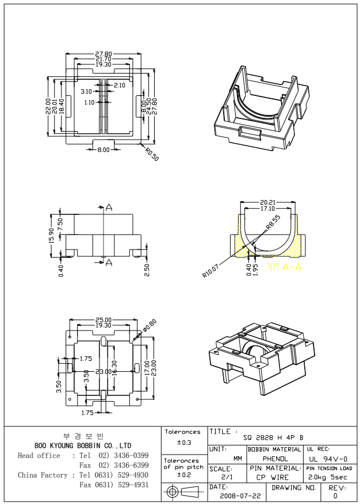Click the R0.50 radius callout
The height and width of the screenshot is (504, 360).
(x=152, y=154)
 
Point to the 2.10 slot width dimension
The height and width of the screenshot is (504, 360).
(x=120, y=85)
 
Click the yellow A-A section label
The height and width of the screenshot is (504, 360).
(x=285, y=267)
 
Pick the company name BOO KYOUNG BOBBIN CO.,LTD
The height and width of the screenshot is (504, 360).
(x=84, y=445)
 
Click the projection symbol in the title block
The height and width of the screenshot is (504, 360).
(x=182, y=493)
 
